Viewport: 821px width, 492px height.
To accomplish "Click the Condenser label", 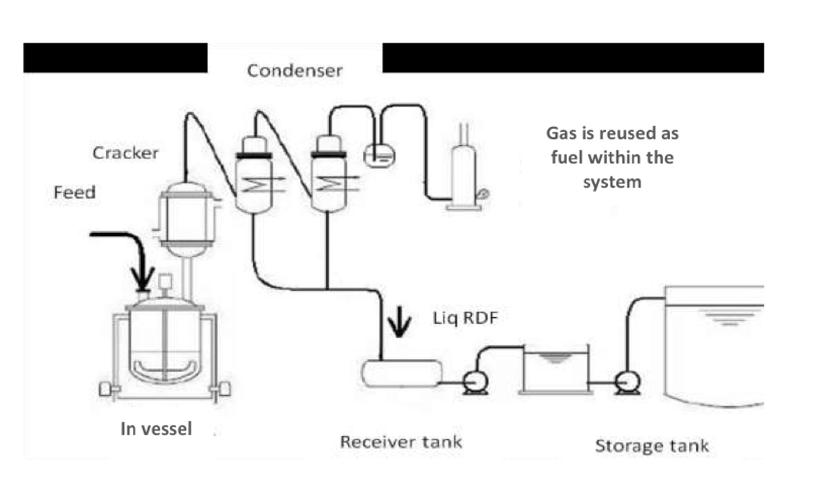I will click(x=294, y=71).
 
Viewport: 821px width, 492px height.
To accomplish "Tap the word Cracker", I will click(x=125, y=153).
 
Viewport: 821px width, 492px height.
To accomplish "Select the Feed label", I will click(x=74, y=192).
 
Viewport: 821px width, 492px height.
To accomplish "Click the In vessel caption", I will click(x=156, y=429).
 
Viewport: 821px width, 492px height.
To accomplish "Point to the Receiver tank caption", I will click(x=401, y=441).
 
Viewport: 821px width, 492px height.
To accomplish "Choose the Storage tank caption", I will click(x=652, y=445).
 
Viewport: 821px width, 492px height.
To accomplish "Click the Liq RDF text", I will click(x=465, y=318).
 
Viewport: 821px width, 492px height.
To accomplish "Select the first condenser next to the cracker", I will click(x=254, y=178).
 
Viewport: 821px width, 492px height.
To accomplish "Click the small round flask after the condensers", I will click(x=380, y=157).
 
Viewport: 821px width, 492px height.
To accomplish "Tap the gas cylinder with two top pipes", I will click(x=464, y=173).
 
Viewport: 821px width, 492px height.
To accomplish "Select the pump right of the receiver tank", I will click(x=475, y=383).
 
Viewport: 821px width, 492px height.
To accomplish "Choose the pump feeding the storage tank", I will click(x=627, y=383).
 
